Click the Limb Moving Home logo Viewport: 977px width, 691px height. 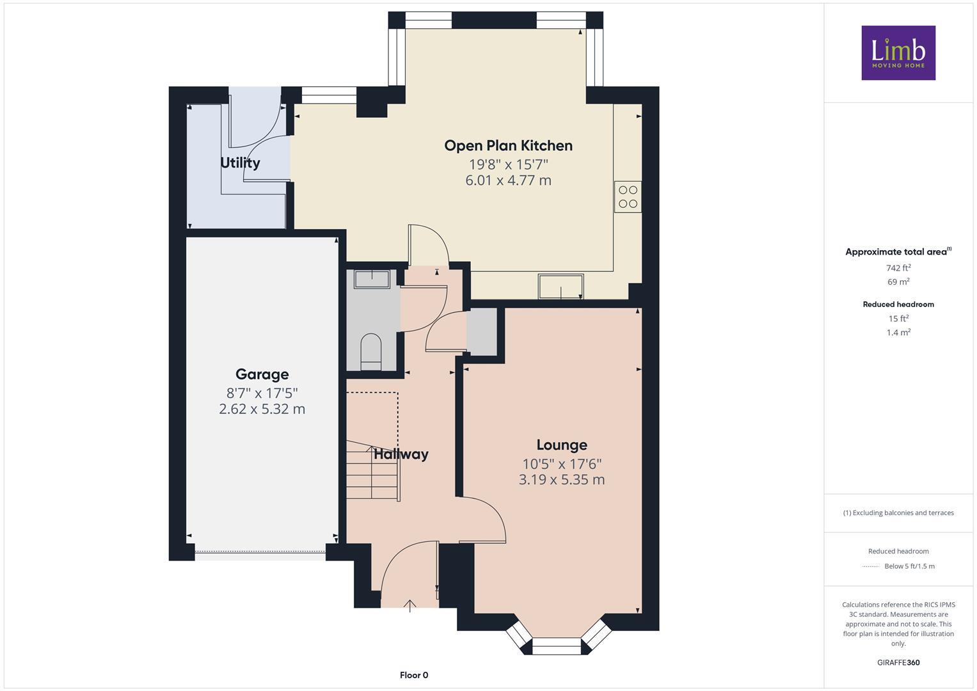tap(898, 52)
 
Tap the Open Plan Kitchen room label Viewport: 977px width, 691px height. tap(508, 145)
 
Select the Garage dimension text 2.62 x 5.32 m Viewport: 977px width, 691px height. tap(262, 409)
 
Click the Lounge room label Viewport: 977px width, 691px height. tap(561, 445)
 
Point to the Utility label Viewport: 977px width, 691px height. tap(240, 163)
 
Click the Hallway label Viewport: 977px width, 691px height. tap(401, 454)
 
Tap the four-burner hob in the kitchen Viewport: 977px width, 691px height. tap(628, 197)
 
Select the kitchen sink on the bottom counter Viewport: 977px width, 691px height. tap(560, 285)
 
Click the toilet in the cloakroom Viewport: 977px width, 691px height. tap(370, 351)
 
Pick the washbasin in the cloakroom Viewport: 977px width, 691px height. tap(371, 279)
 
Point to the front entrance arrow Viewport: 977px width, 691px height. tap(409, 605)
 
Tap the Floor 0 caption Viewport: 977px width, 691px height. tap(414, 675)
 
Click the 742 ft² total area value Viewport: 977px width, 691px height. tap(898, 268)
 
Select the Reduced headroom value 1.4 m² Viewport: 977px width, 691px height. tap(898, 332)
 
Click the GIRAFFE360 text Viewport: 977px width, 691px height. tap(898, 662)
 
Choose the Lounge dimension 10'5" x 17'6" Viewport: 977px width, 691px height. tap(561, 463)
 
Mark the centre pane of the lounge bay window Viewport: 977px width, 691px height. tap(556, 646)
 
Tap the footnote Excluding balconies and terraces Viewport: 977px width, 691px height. tap(898, 512)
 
